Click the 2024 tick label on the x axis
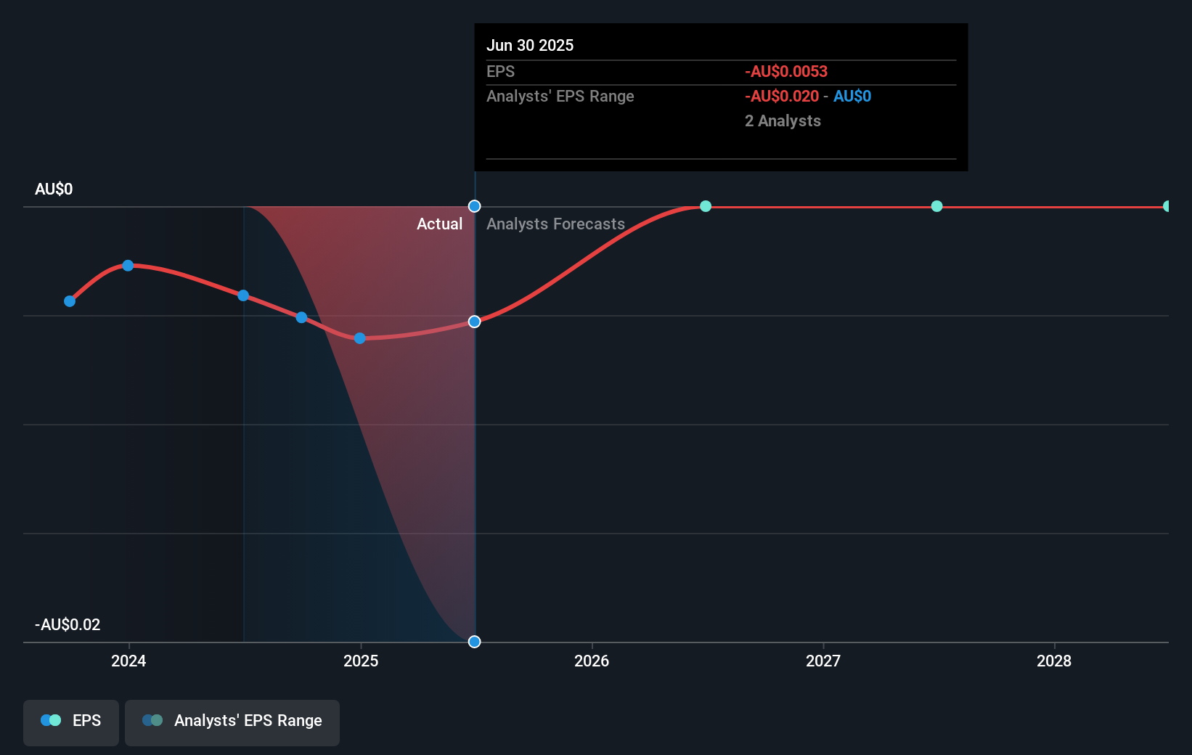(128, 661)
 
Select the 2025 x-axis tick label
(361, 661)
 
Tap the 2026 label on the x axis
(592, 661)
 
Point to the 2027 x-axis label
(823, 661)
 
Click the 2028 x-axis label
(1054, 661)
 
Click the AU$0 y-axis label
(54, 189)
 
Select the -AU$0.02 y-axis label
(68, 625)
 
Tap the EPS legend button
(71, 722)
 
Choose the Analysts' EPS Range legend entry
(232, 722)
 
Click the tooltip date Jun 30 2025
(530, 46)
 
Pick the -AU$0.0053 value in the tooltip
(786, 72)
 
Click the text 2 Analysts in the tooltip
(783, 121)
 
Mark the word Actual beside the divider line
(439, 224)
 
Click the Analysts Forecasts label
(555, 224)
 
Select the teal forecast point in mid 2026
(706, 206)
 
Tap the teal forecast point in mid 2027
(937, 206)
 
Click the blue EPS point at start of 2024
(128, 266)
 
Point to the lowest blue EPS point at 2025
(359, 338)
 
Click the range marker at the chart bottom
(474, 642)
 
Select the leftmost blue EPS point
(70, 301)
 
